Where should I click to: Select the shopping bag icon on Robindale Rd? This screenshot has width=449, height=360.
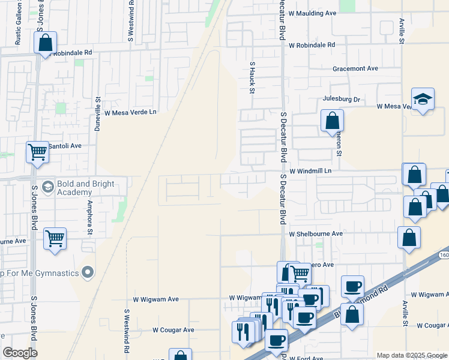click(x=46, y=43)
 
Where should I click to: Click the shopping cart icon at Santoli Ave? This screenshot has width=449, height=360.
click(x=37, y=152)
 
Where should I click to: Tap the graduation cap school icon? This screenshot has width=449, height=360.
click(x=423, y=100)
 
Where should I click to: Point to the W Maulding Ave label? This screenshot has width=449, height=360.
click(x=312, y=13)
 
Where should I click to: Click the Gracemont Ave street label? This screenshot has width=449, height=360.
click(x=355, y=68)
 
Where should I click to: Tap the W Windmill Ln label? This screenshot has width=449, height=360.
click(x=310, y=171)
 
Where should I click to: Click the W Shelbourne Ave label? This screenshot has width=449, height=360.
click(x=315, y=234)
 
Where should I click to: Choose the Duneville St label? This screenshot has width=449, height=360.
click(x=97, y=115)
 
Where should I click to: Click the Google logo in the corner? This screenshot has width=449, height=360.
click(x=20, y=352)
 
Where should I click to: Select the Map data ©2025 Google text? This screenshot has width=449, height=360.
click(x=411, y=355)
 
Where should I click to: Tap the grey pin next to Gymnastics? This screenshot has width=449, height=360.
click(x=88, y=273)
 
